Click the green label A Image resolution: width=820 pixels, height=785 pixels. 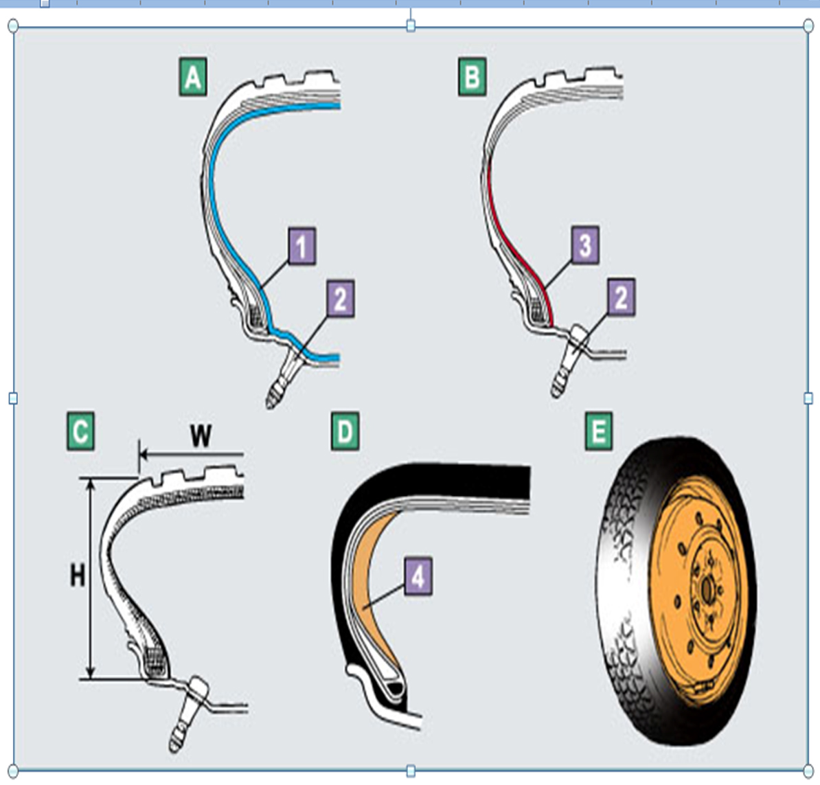[192, 77]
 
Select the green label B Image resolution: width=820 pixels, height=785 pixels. [472, 77]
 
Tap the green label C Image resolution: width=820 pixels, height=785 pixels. [80, 432]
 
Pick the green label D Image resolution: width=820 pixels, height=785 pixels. [345, 432]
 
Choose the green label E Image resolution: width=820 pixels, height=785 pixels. [599, 432]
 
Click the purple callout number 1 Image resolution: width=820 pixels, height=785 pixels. [301, 246]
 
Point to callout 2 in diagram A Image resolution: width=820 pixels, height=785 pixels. [341, 298]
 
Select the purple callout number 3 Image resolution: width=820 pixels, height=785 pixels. [584, 245]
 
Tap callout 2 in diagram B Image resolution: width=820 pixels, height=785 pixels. [621, 297]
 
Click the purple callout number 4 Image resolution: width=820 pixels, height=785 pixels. [418, 576]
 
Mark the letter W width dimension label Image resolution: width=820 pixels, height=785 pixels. [200, 435]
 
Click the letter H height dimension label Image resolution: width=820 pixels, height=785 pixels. [78, 575]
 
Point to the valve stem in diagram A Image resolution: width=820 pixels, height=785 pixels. [282, 381]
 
